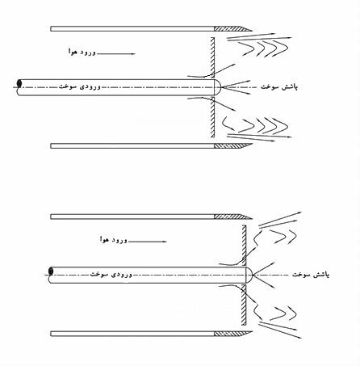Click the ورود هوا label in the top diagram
click(82, 52)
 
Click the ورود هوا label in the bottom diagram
click(113, 239)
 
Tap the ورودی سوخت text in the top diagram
click(80, 86)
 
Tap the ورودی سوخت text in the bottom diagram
click(111, 275)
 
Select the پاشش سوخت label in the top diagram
click(279, 87)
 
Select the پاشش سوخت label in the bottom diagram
click(311, 275)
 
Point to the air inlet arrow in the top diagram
click(115, 54)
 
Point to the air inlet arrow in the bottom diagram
click(147, 242)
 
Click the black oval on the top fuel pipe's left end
click(19, 83)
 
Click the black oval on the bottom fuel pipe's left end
click(51, 271)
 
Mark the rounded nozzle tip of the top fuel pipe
click(217, 87)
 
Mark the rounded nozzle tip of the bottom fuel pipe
click(249, 275)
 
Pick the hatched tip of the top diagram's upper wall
click(232, 28)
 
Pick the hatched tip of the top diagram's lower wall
click(232, 145)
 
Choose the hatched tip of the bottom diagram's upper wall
click(232, 217)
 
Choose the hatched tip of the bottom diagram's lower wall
click(232, 334)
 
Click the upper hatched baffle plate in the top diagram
click(212, 57)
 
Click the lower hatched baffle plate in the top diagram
click(212, 117)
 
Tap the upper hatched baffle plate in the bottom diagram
click(244, 246)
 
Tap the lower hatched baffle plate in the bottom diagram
click(244, 305)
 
